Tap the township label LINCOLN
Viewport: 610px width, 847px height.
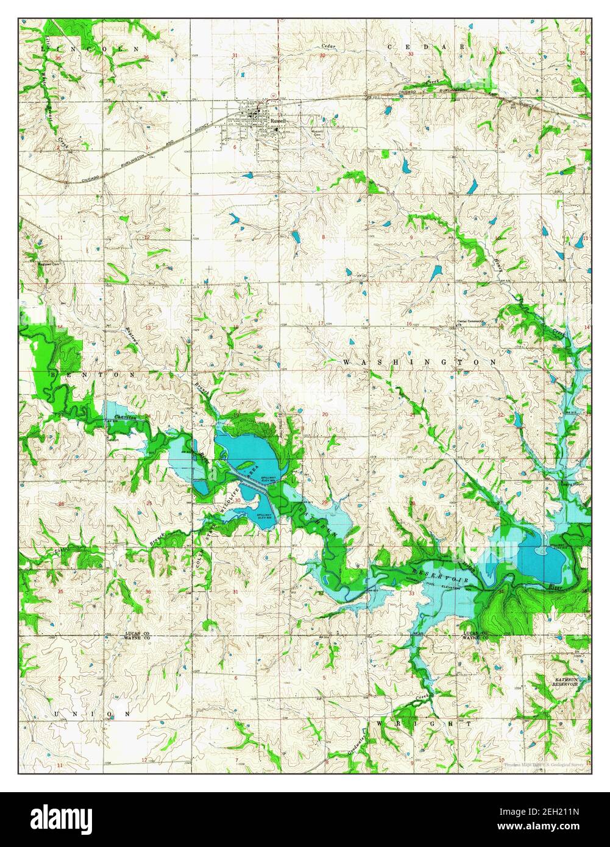point(90,48)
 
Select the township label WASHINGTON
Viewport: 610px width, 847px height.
point(420,362)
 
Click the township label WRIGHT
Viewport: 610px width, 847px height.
point(424,724)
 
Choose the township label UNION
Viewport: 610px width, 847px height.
point(92,714)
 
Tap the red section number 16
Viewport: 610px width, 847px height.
point(410,324)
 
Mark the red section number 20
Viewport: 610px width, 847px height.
point(325,414)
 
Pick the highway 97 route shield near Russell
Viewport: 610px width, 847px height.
point(274,96)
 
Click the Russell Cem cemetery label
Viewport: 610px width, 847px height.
point(317,132)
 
